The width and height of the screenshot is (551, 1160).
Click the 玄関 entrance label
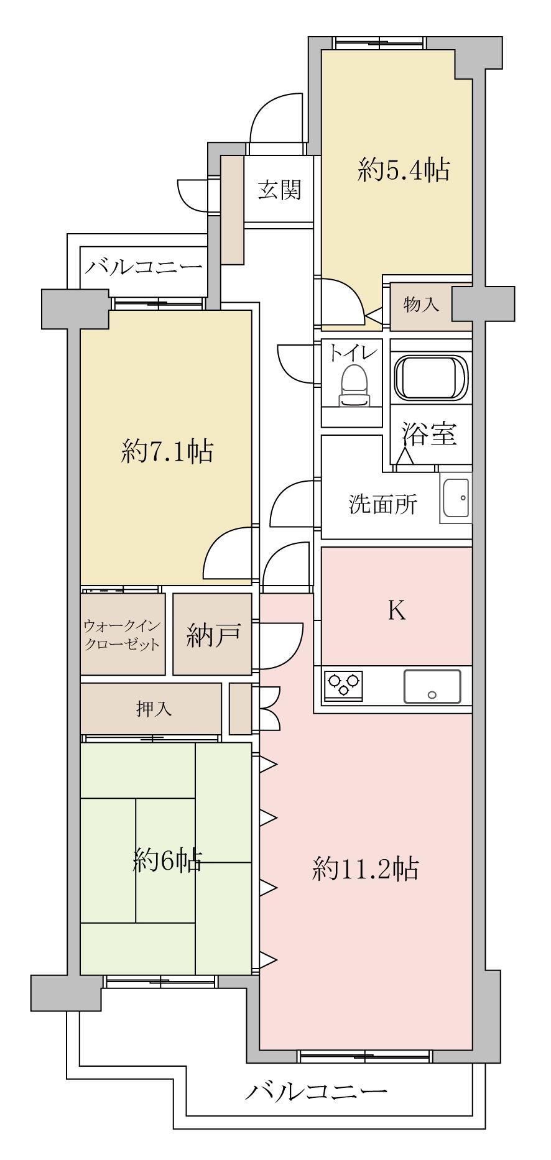(x=279, y=190)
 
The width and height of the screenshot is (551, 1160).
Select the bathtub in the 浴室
(x=431, y=379)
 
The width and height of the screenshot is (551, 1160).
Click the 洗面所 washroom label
(x=382, y=504)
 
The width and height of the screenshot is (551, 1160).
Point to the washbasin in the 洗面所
(x=456, y=498)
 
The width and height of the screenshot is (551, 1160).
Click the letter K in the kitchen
(x=397, y=612)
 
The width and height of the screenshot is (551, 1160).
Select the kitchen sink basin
(x=432, y=686)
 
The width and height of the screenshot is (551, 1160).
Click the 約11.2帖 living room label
(x=365, y=869)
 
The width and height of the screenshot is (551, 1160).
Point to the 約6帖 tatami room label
(x=167, y=860)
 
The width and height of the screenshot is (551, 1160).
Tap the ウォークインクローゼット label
(x=122, y=635)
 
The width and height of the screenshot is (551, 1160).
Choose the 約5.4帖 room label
(x=404, y=169)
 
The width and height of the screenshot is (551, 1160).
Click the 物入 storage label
(x=421, y=305)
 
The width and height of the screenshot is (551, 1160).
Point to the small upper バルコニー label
(x=144, y=268)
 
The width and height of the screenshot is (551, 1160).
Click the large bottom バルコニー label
(x=315, y=1091)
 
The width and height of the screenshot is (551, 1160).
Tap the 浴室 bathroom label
(x=428, y=435)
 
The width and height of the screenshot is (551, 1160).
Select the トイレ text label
(x=353, y=354)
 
